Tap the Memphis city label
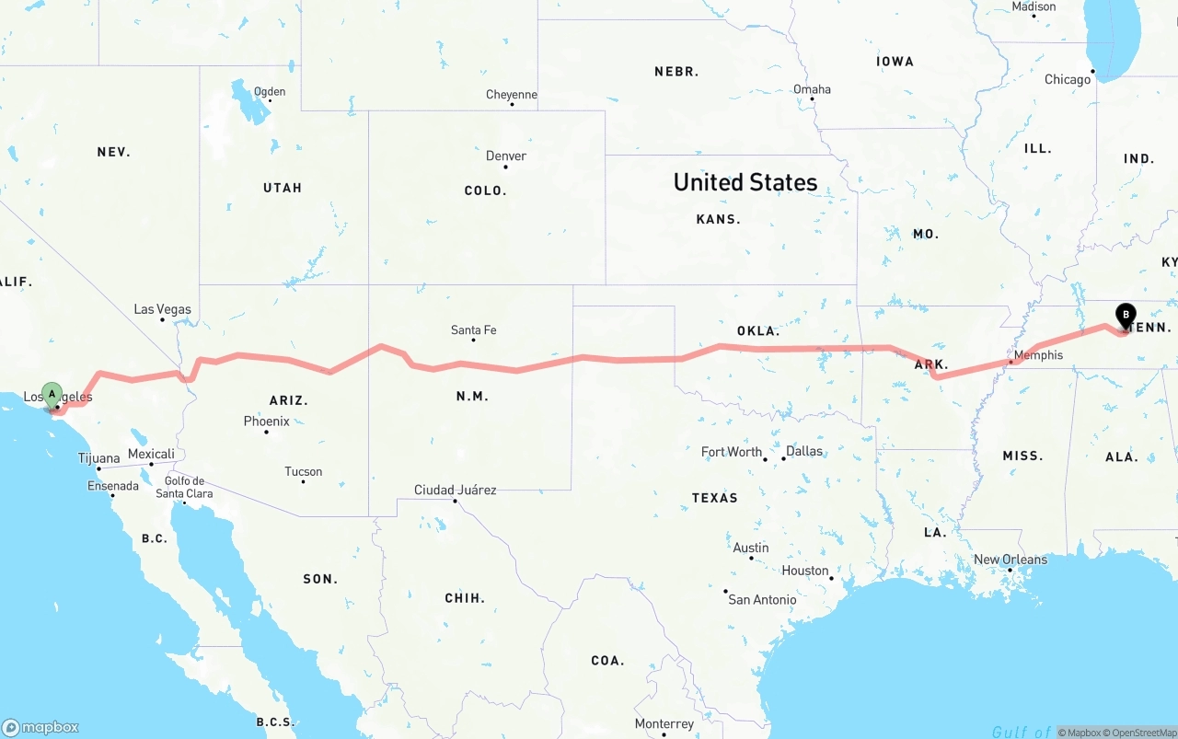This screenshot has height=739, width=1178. point(1038,355)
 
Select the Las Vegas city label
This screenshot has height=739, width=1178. point(163,309)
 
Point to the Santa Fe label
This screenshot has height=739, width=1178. point(473,330)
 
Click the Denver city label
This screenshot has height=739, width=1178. point(506,156)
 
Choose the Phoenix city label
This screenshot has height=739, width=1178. point(267,421)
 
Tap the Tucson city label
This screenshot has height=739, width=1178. point(304,472)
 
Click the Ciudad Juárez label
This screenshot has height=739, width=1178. point(455,491)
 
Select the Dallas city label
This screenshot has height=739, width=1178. point(804,451)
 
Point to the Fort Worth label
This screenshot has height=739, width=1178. point(732,452)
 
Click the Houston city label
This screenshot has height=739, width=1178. point(805,571)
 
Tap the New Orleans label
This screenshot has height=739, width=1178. point(1011,560)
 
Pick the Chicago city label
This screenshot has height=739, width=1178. point(1068,80)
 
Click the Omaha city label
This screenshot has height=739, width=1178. point(812,89)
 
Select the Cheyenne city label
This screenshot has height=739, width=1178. point(512,95)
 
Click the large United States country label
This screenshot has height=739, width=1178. point(745,182)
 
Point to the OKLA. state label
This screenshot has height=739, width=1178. point(758,331)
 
